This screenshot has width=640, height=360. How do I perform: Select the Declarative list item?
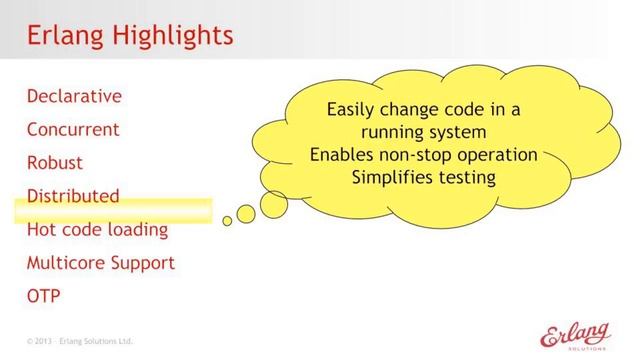click(75, 96)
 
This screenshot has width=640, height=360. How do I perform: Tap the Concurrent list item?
click(73, 129)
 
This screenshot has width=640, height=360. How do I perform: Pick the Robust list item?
click(55, 163)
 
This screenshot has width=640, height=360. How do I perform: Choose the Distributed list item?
click(73, 196)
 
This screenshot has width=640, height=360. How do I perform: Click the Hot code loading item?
click(97, 230)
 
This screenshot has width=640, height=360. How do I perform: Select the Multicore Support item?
click(100, 263)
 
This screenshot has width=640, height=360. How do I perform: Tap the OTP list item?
click(44, 297)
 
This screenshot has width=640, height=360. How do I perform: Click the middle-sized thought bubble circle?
click(246, 212)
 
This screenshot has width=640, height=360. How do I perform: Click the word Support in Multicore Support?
click(140, 263)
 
